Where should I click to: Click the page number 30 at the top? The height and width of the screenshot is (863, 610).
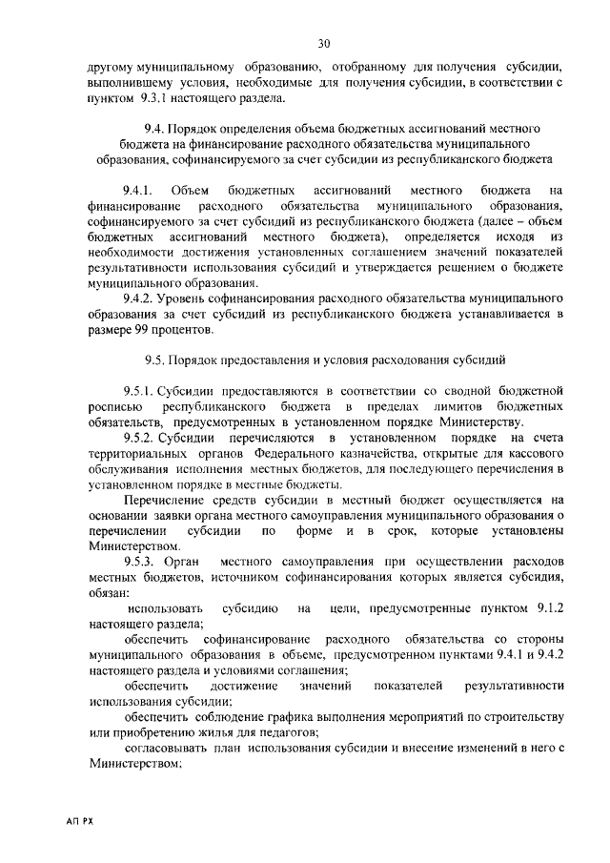(x=324, y=44)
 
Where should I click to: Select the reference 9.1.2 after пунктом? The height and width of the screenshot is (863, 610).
(x=550, y=608)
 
